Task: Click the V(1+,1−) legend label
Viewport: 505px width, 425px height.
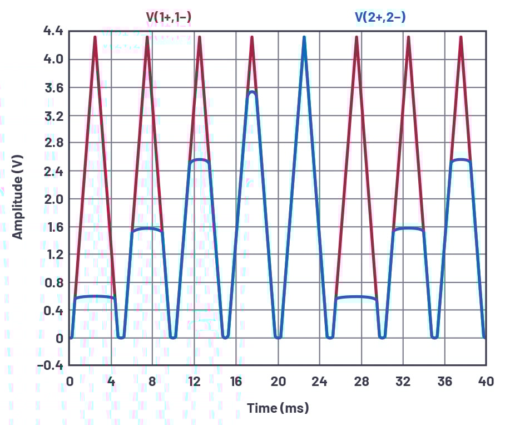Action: click(x=170, y=17)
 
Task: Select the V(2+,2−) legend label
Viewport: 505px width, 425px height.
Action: click(x=380, y=17)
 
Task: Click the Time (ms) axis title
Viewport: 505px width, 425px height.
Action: click(x=278, y=408)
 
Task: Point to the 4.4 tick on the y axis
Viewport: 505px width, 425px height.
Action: click(x=54, y=31)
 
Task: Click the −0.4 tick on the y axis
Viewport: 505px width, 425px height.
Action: click(x=51, y=365)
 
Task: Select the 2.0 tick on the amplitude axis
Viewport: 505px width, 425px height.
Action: click(x=54, y=199)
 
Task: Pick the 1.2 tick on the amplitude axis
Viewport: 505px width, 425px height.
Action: click(x=54, y=255)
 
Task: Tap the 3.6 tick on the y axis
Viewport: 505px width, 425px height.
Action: click(x=54, y=87)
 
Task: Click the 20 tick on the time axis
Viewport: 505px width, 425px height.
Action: click(x=278, y=382)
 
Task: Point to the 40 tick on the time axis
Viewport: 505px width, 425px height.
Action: click(x=486, y=382)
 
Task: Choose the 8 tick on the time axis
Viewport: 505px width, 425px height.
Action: click(x=153, y=382)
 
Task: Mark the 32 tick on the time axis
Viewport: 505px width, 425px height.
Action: click(x=403, y=382)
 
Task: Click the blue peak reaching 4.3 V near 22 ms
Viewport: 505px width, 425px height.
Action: click(x=304, y=38)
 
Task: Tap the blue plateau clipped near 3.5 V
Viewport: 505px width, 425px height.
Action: click(x=252, y=92)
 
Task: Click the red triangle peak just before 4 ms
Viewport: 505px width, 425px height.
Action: click(x=95, y=38)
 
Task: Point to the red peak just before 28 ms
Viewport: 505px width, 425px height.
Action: click(x=357, y=38)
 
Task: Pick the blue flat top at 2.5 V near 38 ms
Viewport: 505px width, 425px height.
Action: click(x=461, y=160)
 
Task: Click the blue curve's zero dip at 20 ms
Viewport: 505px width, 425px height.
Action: click(x=278, y=337)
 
